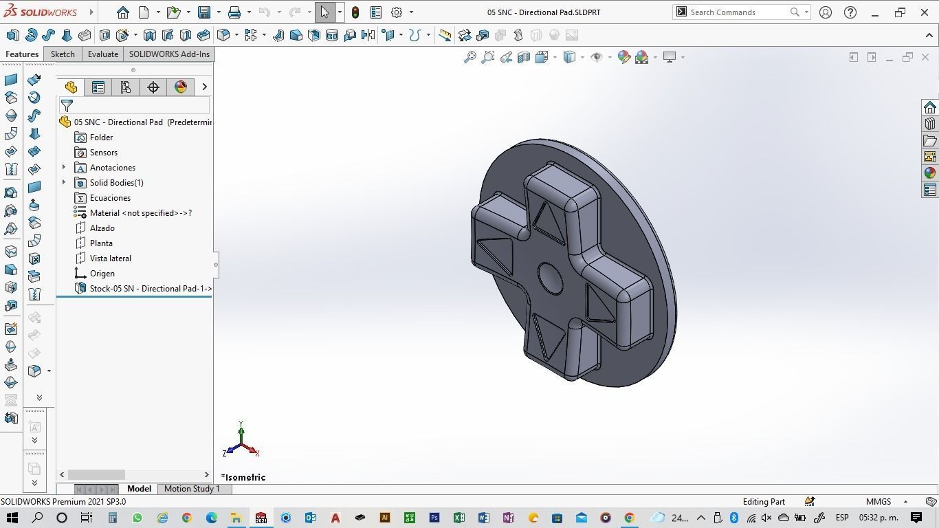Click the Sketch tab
click(x=63, y=54)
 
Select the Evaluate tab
click(x=102, y=54)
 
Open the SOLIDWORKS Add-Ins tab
click(x=169, y=54)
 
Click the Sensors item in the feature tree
click(x=103, y=153)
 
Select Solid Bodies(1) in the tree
click(x=116, y=183)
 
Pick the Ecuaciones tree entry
click(x=110, y=198)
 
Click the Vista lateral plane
click(x=110, y=258)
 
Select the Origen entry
click(x=102, y=274)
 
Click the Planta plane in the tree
click(x=101, y=243)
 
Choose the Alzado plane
click(x=102, y=228)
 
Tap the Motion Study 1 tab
click(x=192, y=489)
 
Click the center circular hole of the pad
click(x=549, y=278)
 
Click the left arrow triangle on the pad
click(x=496, y=255)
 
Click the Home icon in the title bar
click(x=122, y=12)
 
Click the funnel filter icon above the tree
click(x=67, y=106)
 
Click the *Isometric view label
click(x=243, y=477)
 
